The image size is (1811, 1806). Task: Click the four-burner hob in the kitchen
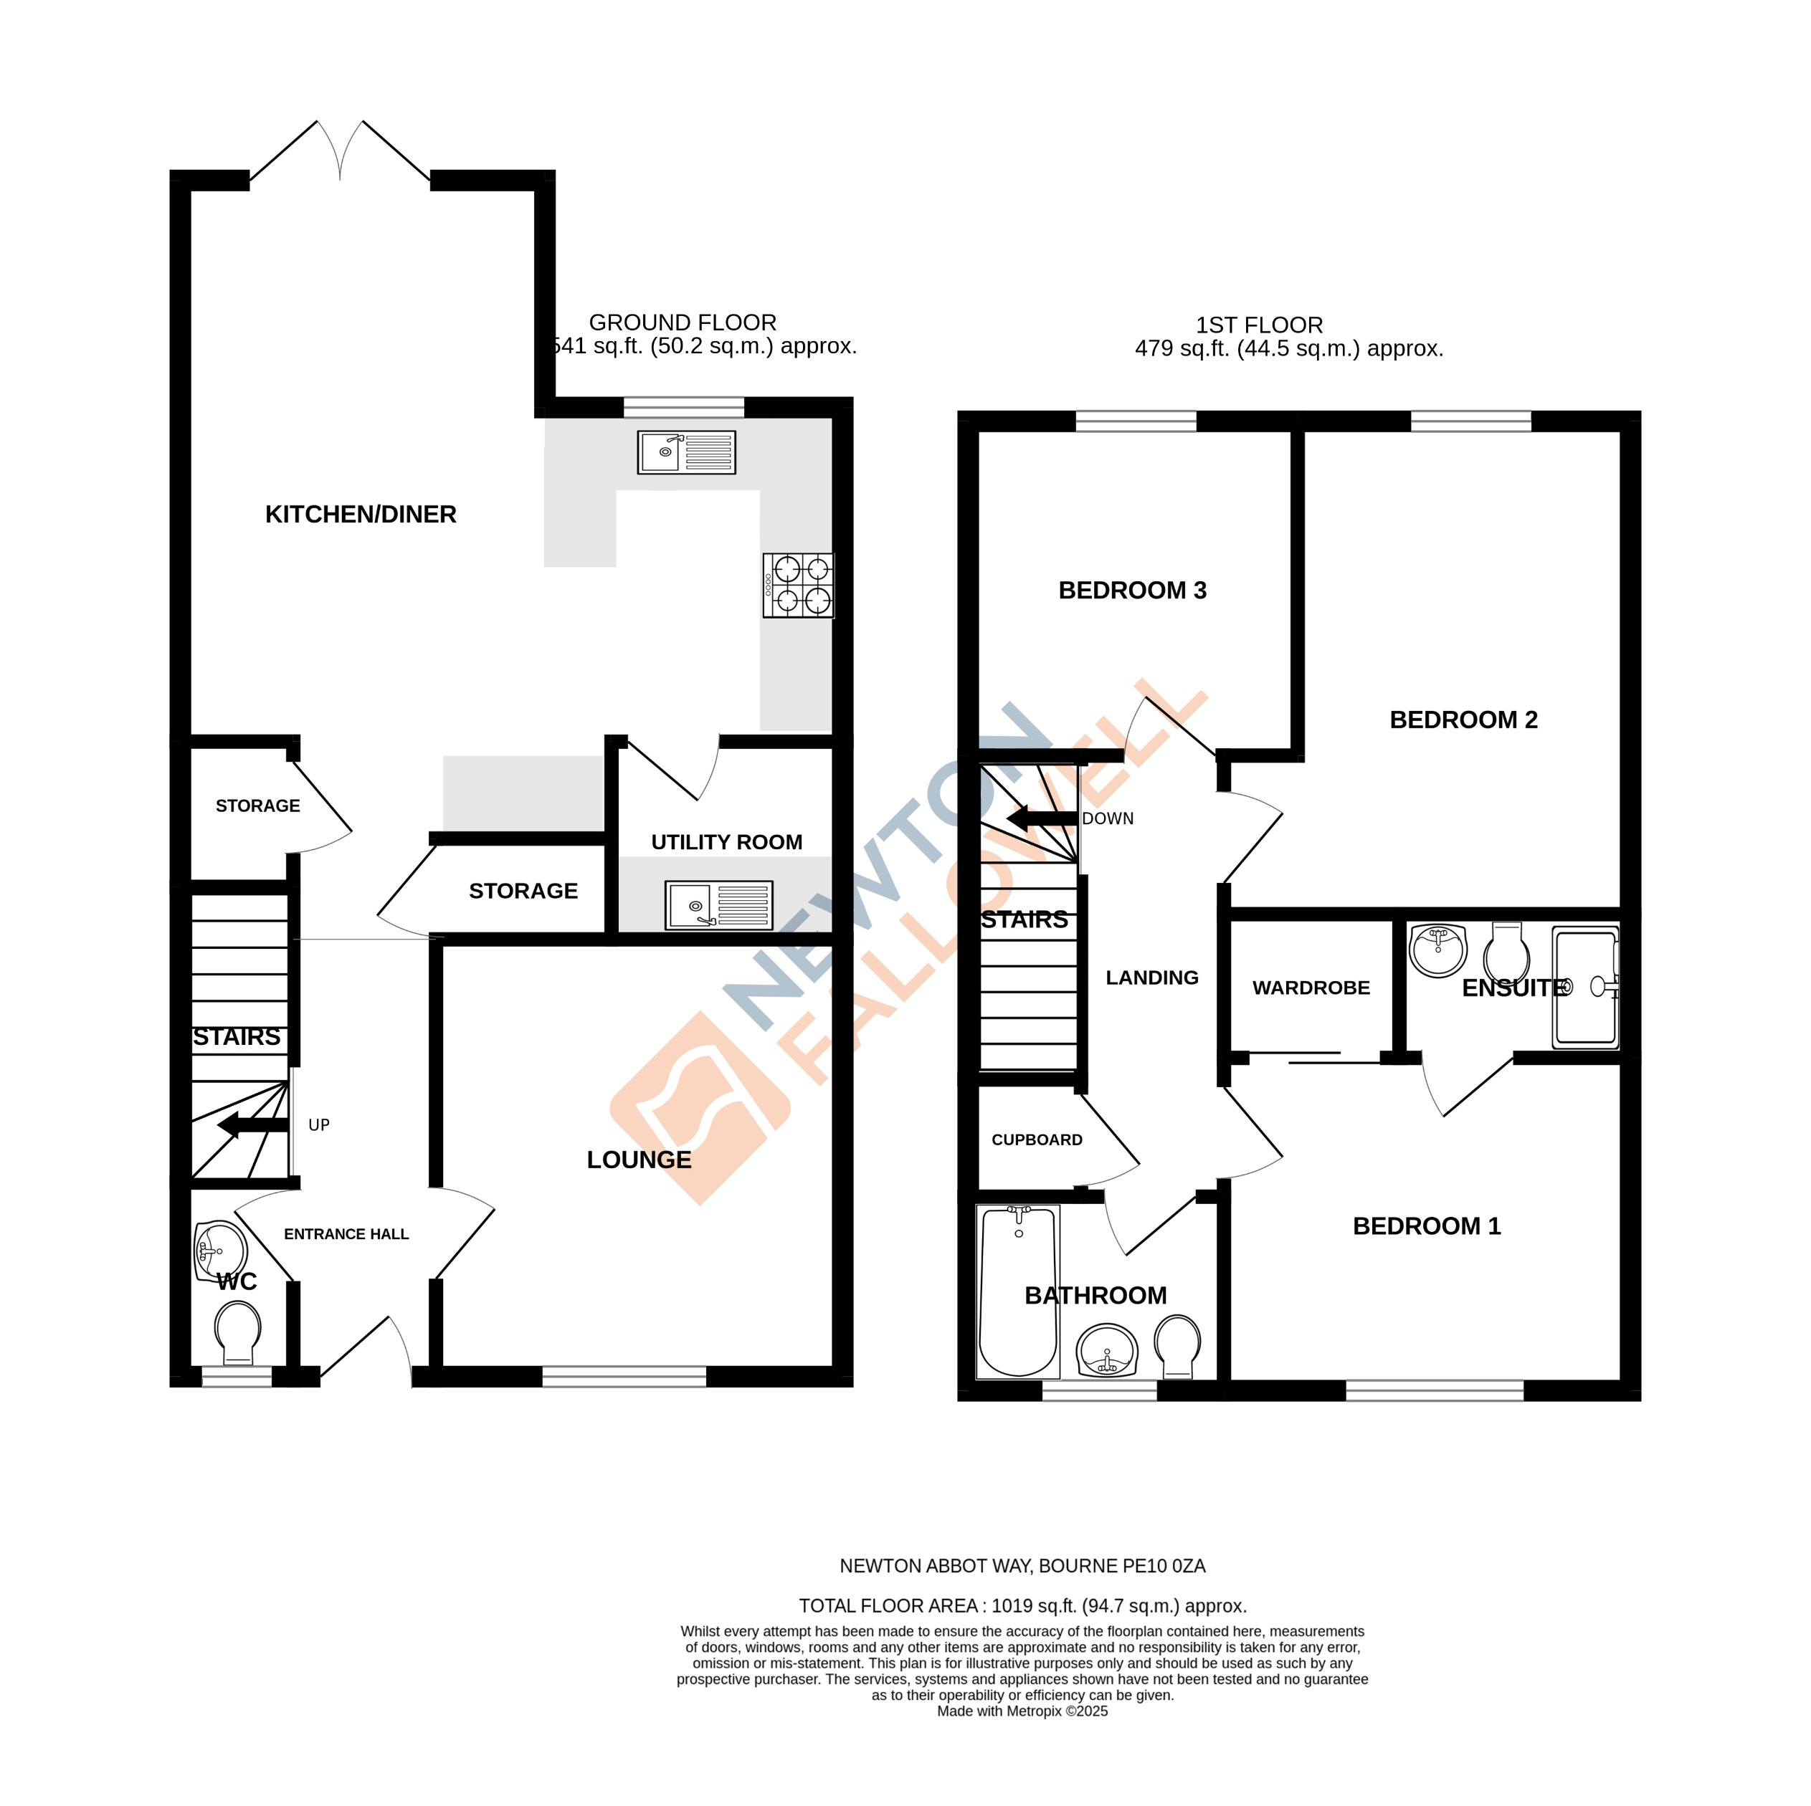click(798, 585)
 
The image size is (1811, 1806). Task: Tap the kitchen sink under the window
click(686, 453)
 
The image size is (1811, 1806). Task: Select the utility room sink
click(718, 905)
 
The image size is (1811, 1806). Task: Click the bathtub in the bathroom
click(1018, 1292)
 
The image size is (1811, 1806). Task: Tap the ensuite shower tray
click(1585, 987)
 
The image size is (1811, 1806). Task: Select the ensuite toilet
click(1506, 950)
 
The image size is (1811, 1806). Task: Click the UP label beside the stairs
click(319, 1124)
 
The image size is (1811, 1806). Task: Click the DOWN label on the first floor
click(1107, 818)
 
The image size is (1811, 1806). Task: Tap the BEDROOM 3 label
click(1132, 591)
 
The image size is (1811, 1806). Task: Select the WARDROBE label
click(1311, 988)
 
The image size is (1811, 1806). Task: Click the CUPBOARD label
click(1037, 1139)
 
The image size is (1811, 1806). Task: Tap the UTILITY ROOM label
click(726, 841)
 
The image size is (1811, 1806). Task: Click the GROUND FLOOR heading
click(683, 322)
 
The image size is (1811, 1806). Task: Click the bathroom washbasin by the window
click(1107, 1350)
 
